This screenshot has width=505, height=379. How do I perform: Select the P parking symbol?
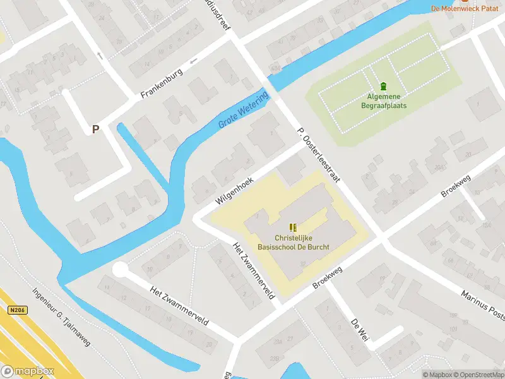[96, 129]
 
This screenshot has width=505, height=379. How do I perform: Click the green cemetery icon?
[383, 87]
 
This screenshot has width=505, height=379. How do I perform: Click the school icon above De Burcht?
[292, 227]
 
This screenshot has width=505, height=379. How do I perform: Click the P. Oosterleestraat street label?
[318, 154]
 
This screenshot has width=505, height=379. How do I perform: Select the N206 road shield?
[18, 310]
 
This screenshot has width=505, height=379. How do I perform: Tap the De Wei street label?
[359, 330]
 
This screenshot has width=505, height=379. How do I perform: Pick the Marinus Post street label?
[483, 305]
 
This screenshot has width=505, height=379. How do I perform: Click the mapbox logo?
[28, 371]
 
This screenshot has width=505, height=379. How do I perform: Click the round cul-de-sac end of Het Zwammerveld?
[120, 270]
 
